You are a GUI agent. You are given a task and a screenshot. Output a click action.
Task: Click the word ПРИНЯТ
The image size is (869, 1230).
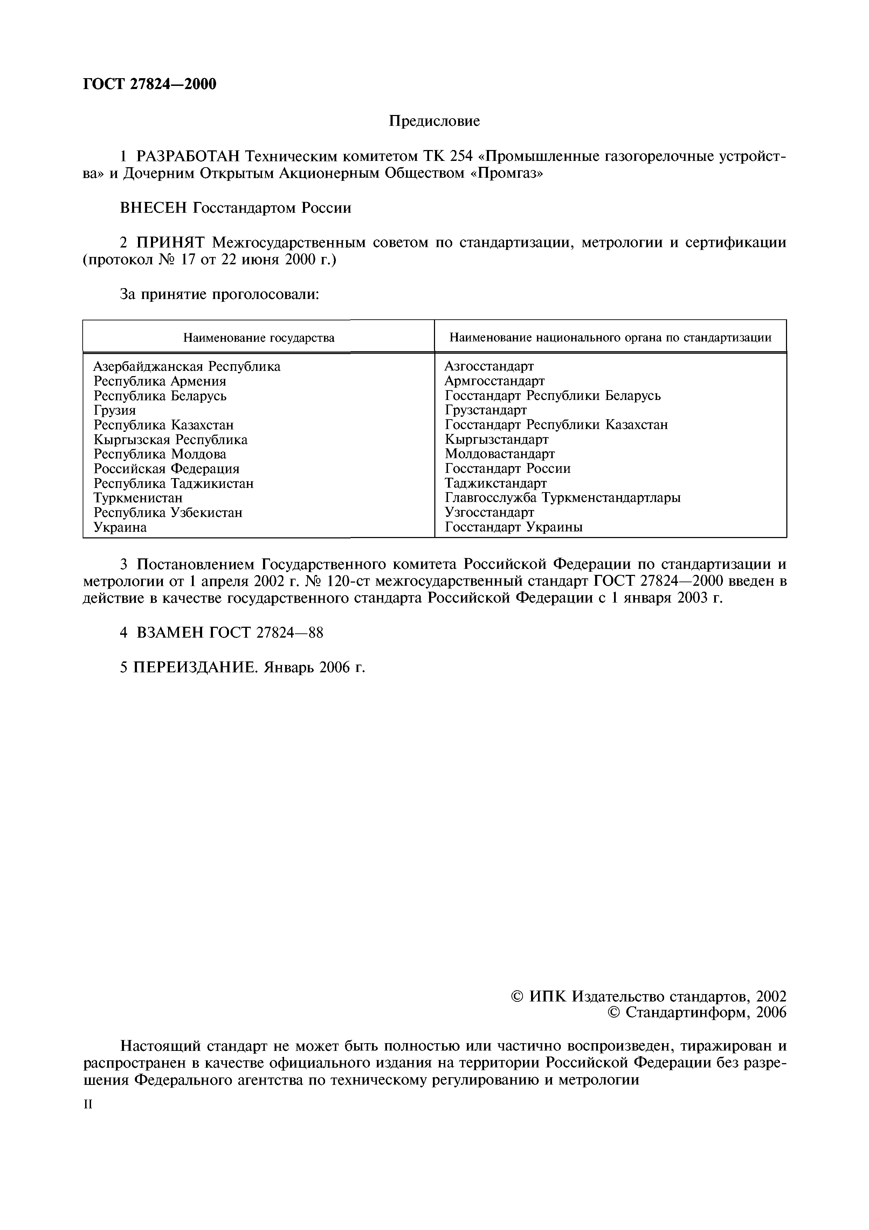[169, 243]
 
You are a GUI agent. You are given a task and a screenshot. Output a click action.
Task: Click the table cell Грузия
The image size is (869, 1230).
[115, 410]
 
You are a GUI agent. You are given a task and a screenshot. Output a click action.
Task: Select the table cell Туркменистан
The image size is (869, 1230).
[138, 498]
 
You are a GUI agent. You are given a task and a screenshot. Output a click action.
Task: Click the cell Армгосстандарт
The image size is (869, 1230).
[494, 381]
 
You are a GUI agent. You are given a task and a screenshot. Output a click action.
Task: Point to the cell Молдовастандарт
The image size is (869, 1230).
[499, 454]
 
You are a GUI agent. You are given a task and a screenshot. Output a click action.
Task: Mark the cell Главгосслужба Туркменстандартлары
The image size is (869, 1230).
[562, 498]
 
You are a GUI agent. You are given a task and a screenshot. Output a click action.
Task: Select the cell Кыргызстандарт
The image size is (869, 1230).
[496, 439]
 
